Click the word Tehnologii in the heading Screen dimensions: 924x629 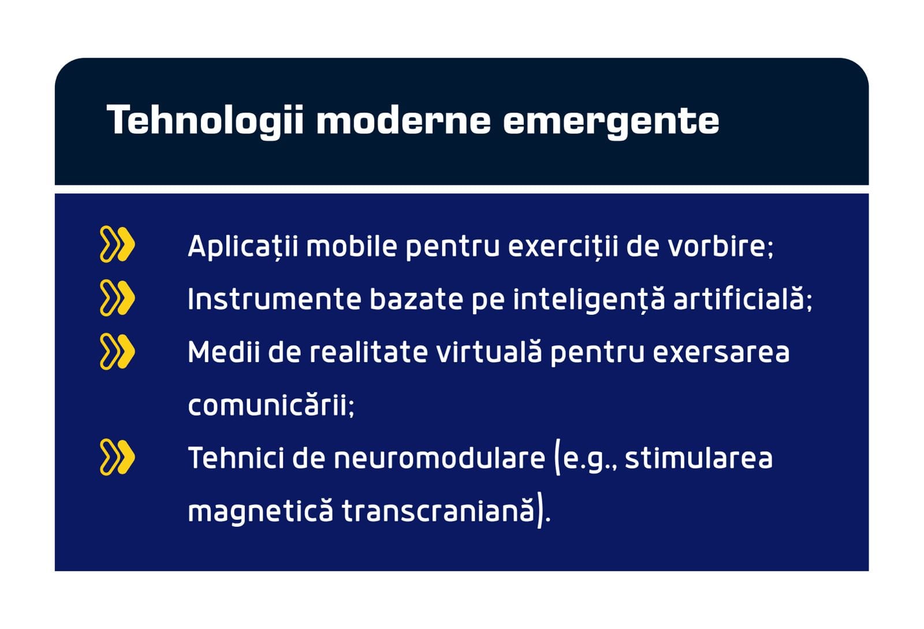click(206, 121)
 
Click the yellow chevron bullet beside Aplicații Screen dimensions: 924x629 click(117, 244)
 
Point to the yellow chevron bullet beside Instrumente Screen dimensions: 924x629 click(117, 297)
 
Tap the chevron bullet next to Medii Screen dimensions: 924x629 click(117, 351)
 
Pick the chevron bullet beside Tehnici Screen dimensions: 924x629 click(117, 457)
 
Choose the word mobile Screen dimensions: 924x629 click(352, 246)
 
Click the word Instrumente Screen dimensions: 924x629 click(274, 299)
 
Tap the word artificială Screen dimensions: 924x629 click(739, 299)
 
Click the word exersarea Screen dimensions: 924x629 click(721, 353)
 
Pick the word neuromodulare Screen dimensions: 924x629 click(439, 458)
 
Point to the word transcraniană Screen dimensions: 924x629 click(438, 511)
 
